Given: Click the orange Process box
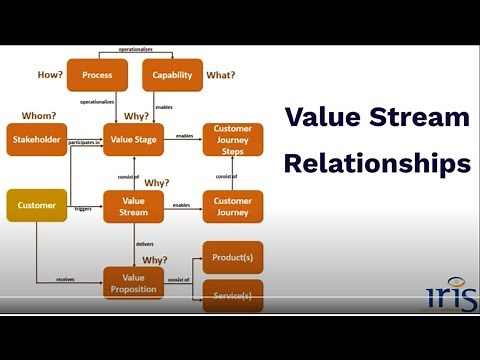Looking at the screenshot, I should (98, 75).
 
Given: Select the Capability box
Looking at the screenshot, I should (173, 75).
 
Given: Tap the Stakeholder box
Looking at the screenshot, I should (37, 139).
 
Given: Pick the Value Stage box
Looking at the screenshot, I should (134, 139).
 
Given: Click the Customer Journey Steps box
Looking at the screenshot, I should (233, 139).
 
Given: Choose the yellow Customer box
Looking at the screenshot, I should (37, 205).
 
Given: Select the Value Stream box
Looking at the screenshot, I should (134, 205).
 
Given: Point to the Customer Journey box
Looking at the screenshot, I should (233, 205).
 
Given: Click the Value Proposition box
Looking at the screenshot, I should (134, 283).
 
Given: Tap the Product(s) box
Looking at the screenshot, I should (233, 258).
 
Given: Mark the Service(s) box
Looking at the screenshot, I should (233, 297).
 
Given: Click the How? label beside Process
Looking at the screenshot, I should (50, 74).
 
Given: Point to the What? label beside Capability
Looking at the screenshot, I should (221, 74).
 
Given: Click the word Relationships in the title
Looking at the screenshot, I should (376, 161).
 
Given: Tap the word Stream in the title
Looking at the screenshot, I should (419, 118).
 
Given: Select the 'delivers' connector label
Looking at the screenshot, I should (145, 243).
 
